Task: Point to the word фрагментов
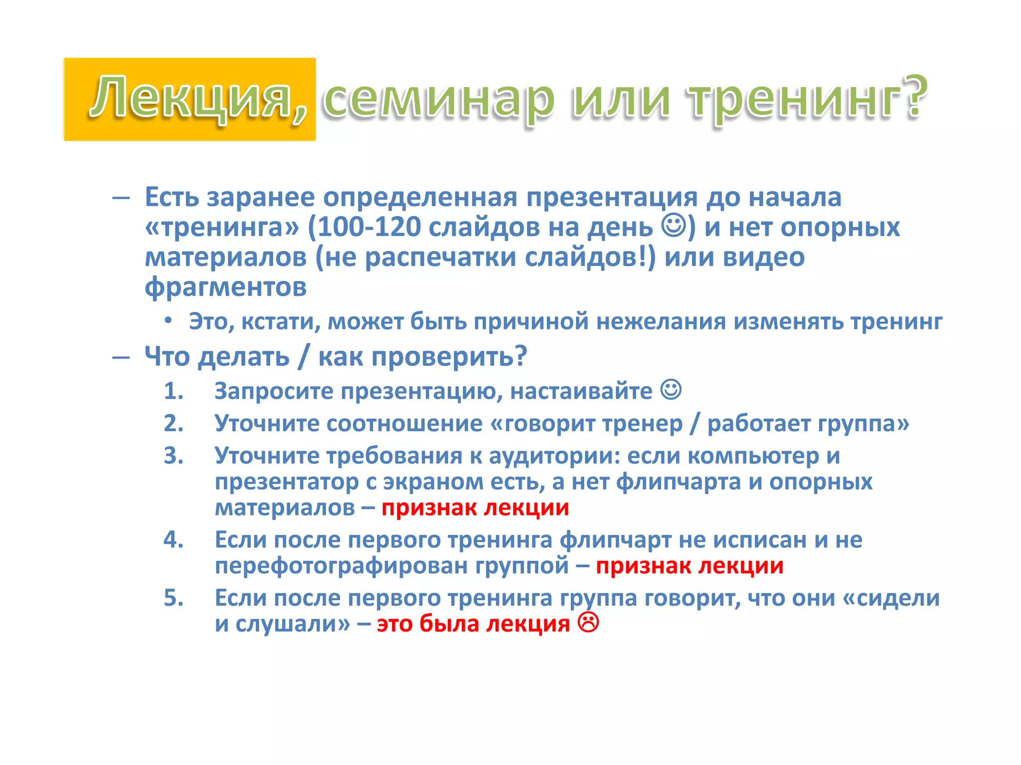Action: pyautogui.click(x=225, y=287)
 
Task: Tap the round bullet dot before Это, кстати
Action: pyautogui.click(x=169, y=320)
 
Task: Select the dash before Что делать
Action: pyautogui.click(x=121, y=357)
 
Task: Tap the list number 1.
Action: pyautogui.click(x=173, y=391)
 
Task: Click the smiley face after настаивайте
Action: pyautogui.click(x=671, y=389)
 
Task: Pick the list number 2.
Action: pyautogui.click(x=173, y=424)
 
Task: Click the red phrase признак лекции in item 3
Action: pyautogui.click(x=475, y=508)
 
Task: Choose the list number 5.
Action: pyautogui.click(x=173, y=598)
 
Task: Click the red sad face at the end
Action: pyautogui.click(x=588, y=623)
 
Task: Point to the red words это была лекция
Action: pyautogui.click(x=473, y=624)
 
